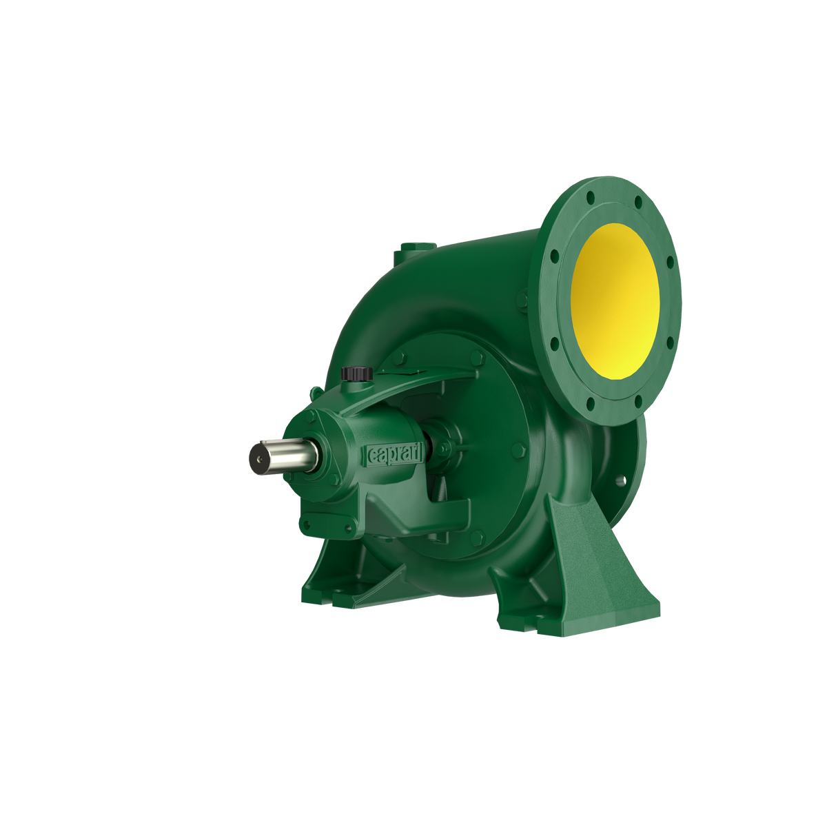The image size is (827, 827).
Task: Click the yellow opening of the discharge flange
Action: [x=615, y=301]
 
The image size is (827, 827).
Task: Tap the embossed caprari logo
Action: [x=394, y=454]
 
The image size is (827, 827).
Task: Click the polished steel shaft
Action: [x=283, y=457]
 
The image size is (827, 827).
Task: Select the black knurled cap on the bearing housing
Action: [x=356, y=373]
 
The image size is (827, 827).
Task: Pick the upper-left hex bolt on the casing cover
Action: [x=399, y=356]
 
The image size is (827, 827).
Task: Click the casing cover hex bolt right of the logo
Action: [x=518, y=450]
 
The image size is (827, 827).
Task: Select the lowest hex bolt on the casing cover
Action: [x=478, y=538]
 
